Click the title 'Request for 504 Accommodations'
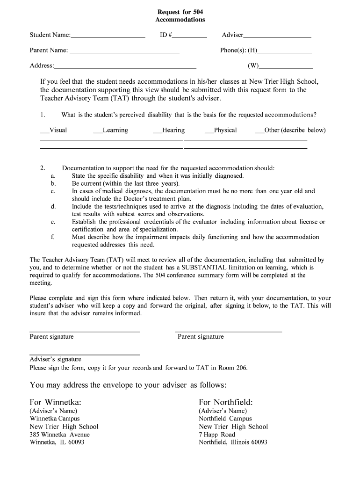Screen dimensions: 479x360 tap(180, 15)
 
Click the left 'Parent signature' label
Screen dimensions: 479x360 tap(51, 337)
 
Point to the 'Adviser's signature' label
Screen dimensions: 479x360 tap(55, 359)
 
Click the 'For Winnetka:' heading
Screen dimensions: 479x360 tap(56, 402)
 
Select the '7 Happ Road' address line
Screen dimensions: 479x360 tap(217, 435)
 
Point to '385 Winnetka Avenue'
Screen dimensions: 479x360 tap(59, 435)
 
